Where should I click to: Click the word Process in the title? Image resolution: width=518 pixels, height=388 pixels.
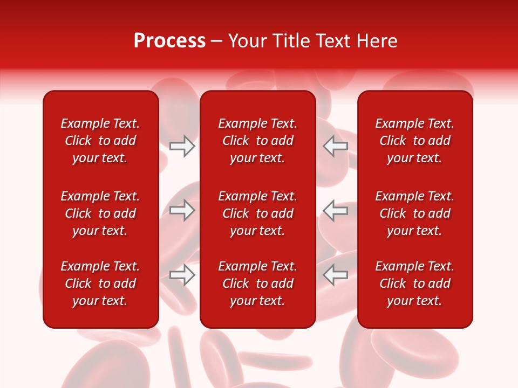(169, 41)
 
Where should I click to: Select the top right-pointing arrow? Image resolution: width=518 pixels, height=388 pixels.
(182, 146)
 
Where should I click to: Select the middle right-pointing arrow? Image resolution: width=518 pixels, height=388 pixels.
(182, 210)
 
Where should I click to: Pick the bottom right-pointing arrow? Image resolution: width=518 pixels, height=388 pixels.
(182, 275)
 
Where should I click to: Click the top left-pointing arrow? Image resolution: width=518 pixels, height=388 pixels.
(335, 146)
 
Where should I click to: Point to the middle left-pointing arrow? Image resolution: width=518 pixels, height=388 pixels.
(335, 210)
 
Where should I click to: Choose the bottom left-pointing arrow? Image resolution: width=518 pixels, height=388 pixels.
(335, 275)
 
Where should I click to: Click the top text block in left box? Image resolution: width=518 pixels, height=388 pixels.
(100, 141)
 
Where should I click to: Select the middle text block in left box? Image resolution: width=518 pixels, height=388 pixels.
(100, 213)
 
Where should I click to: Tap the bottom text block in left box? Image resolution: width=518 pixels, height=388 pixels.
(100, 283)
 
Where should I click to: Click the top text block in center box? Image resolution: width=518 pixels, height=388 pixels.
(257, 141)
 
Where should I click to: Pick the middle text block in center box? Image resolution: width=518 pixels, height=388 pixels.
(257, 213)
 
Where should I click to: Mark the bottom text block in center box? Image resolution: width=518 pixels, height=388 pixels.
(257, 283)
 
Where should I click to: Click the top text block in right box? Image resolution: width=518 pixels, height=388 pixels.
(414, 141)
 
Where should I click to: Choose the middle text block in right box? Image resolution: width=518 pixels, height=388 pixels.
(414, 213)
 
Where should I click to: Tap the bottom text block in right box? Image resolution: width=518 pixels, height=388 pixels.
(414, 283)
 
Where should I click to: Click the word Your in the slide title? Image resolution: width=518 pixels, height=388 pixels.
(247, 41)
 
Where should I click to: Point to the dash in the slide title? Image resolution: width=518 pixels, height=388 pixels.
(217, 41)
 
